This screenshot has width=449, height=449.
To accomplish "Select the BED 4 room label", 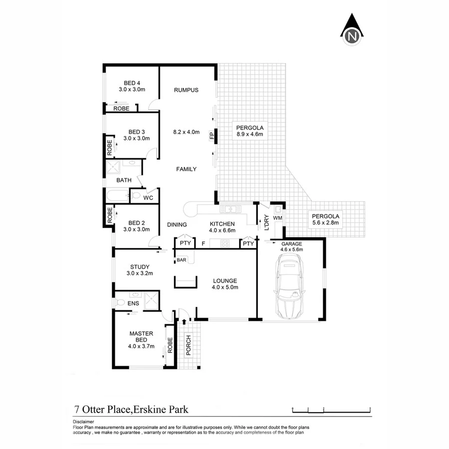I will (x=132, y=83).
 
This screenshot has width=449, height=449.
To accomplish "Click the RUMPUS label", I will (x=186, y=90).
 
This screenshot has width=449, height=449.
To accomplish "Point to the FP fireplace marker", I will (x=212, y=135).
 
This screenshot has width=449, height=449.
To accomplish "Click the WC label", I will (x=148, y=198).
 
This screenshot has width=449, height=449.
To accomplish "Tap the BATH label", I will (x=124, y=180).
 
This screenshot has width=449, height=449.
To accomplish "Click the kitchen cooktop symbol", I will (x=225, y=243).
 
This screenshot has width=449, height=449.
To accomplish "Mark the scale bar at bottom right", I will (x=332, y=410).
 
